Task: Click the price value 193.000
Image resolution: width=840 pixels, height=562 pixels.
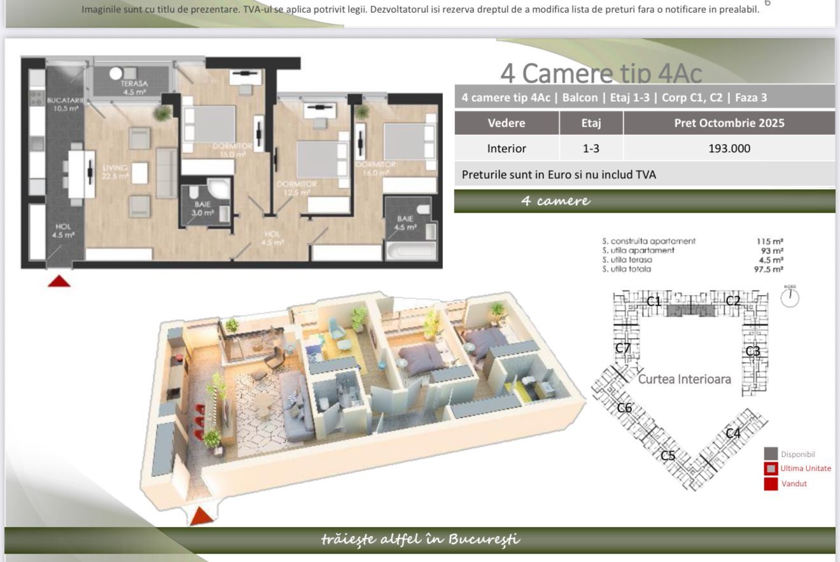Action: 729,148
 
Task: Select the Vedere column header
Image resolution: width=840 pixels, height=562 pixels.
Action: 506,123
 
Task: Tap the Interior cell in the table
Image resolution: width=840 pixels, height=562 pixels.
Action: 506,148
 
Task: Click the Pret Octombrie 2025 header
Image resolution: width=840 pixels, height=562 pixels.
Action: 729,123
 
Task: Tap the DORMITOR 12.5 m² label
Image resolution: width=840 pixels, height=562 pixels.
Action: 297,188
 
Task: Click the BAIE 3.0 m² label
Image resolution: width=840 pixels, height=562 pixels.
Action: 203,208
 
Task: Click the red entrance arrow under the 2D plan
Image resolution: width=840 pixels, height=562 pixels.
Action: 59,281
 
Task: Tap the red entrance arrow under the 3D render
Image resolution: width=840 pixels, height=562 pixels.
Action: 201,515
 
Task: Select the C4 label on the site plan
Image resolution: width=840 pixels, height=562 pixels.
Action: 733,433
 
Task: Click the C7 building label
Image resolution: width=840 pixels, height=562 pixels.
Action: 623,348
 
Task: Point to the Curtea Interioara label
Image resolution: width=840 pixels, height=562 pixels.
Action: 684,379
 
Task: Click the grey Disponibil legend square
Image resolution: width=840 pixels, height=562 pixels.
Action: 771,454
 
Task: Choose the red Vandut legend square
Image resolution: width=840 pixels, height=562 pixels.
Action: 771,484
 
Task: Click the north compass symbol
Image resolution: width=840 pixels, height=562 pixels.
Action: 790,297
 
